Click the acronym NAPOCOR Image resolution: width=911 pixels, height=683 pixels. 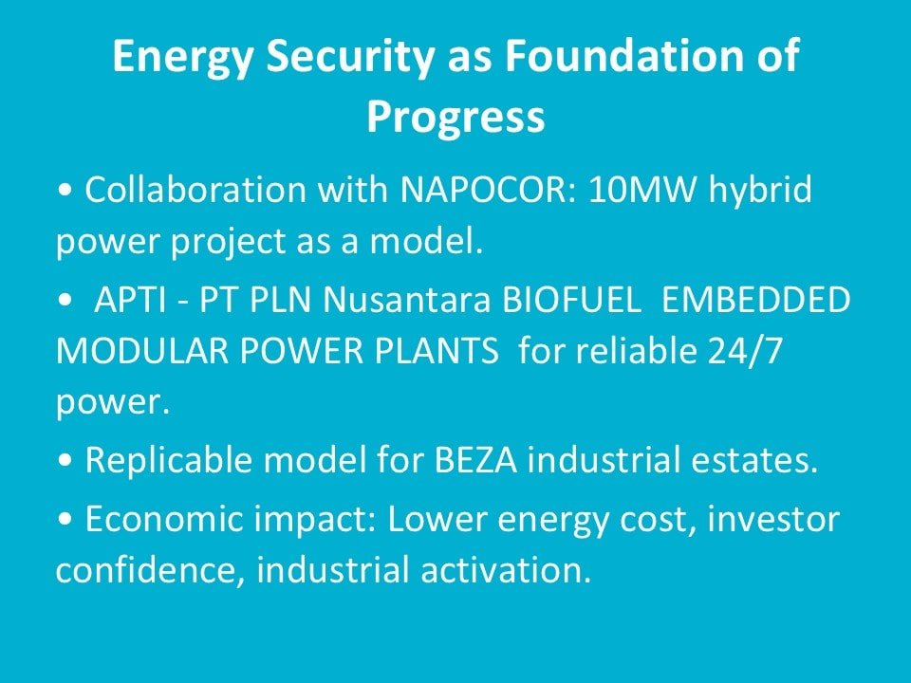click(488, 190)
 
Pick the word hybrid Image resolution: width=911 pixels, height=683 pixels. click(760, 190)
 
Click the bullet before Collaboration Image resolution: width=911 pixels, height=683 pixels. click(65, 191)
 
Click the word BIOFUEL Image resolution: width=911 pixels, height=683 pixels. click(571, 301)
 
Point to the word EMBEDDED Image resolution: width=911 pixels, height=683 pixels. click(755, 301)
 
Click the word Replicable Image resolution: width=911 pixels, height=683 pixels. click(169, 461)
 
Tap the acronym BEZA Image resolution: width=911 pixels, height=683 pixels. click(475, 461)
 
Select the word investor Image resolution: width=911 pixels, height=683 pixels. click(773, 519)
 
